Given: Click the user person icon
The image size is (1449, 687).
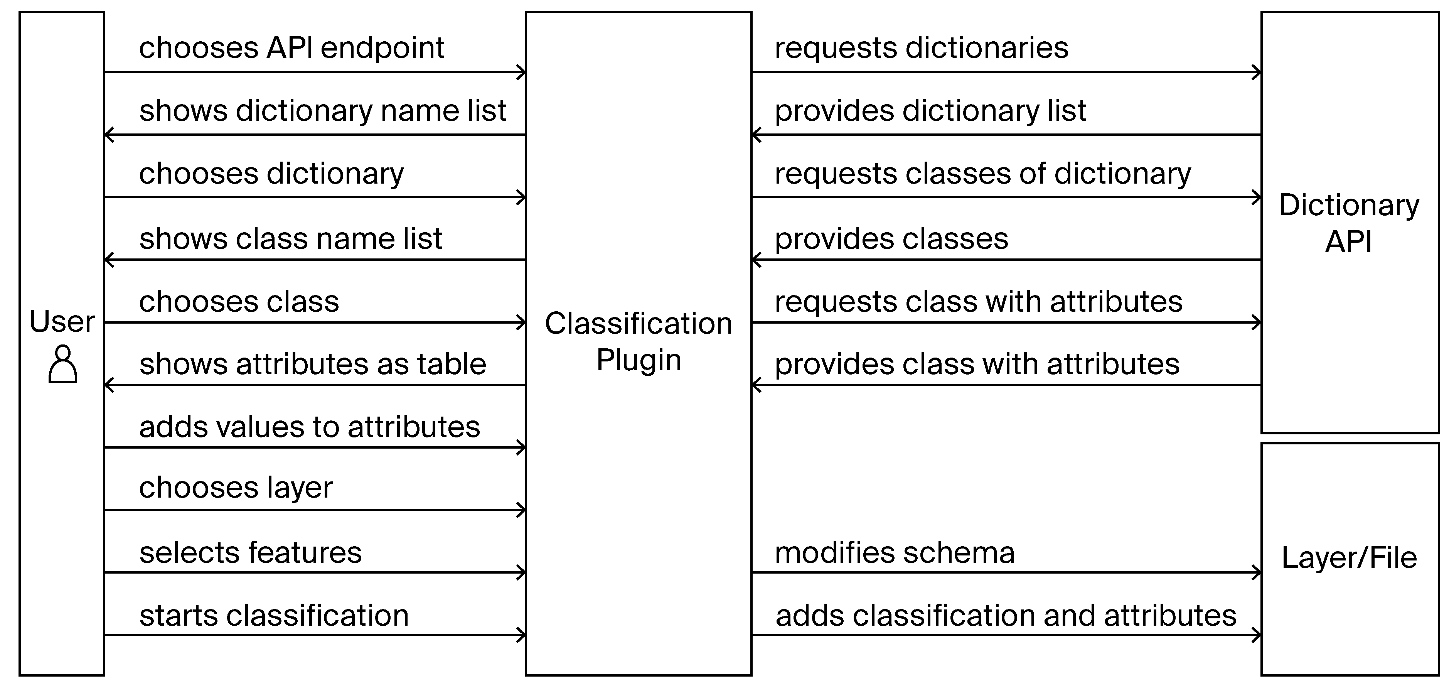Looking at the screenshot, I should pyautogui.click(x=62, y=365).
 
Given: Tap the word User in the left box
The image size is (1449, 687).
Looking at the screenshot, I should pyautogui.click(x=62, y=322).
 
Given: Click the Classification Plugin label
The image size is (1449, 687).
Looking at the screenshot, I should pyautogui.click(x=639, y=341).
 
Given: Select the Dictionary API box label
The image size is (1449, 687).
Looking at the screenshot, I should pyautogui.click(x=1349, y=223).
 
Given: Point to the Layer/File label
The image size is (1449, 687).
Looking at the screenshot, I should pyautogui.click(x=1349, y=558).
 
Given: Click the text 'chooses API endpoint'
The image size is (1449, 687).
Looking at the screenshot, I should pyautogui.click(x=291, y=48).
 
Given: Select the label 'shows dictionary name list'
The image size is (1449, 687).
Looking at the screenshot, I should pyautogui.click(x=322, y=111).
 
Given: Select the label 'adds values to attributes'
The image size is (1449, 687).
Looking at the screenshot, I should pyautogui.click(x=309, y=427).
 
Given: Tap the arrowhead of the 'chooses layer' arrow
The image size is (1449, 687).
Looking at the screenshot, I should pyautogui.click(x=521, y=510).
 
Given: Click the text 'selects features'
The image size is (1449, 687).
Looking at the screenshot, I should pyautogui.click(x=250, y=552).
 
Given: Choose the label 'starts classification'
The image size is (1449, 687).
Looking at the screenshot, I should pyautogui.click(x=274, y=616).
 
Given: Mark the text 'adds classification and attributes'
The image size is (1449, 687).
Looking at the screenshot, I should pyautogui.click(x=1006, y=616).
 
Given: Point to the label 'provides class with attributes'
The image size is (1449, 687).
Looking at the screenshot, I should pyautogui.click(x=977, y=364).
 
